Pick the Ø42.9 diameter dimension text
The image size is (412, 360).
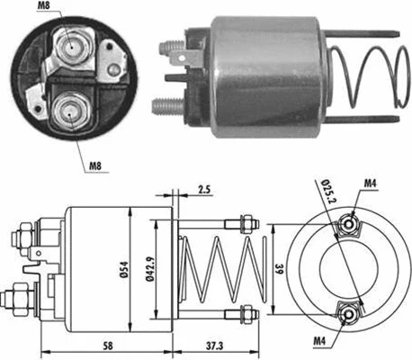pos(157,269)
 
